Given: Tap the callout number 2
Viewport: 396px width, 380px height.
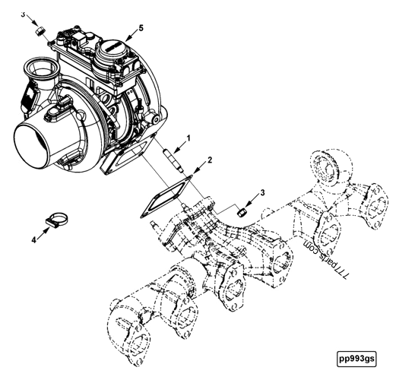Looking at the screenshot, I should pyautogui.click(x=210, y=160).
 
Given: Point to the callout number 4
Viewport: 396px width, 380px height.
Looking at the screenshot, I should pyautogui.click(x=34, y=239).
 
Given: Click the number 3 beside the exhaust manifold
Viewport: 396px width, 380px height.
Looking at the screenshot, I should pyautogui.click(x=263, y=194).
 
